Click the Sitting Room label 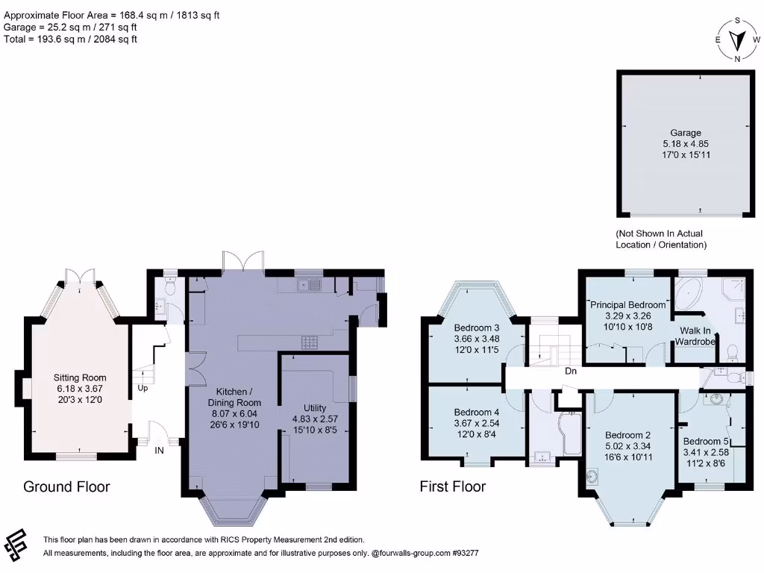79,378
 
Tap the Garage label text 686,133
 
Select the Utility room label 315,408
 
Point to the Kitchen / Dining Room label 234,397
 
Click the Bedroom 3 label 477,328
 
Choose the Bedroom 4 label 477,412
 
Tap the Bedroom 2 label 628,435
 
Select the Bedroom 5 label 706,442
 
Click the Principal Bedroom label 627,305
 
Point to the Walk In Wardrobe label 695,336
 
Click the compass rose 737,40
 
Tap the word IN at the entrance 160,451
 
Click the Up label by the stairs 143,388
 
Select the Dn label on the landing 571,372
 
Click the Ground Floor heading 66,486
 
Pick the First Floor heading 453,486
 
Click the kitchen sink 309,284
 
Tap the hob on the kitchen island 309,342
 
